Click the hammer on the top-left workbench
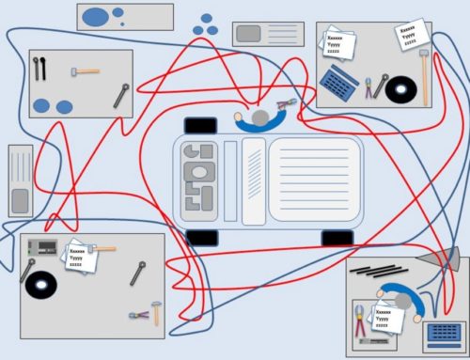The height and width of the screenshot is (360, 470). pos(86,70)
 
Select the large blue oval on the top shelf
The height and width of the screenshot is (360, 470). pos(96,16)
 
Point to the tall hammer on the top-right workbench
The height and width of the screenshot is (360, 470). pos(425,75)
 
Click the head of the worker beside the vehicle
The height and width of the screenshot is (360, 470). pos(259,118)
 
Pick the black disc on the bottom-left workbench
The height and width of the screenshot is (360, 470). pos(42,284)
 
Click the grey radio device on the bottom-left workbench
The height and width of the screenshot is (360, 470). pos(43,249)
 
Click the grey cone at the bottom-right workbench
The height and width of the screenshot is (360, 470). pos(441,256)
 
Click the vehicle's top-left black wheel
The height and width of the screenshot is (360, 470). pos(200,125)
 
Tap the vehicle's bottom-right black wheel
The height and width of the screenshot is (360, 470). pos(337,238)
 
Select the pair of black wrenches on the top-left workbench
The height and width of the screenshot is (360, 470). pos(39,69)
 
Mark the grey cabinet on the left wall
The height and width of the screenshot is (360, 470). pos(21,180)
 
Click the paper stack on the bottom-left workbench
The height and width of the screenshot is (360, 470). pos(79,255)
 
